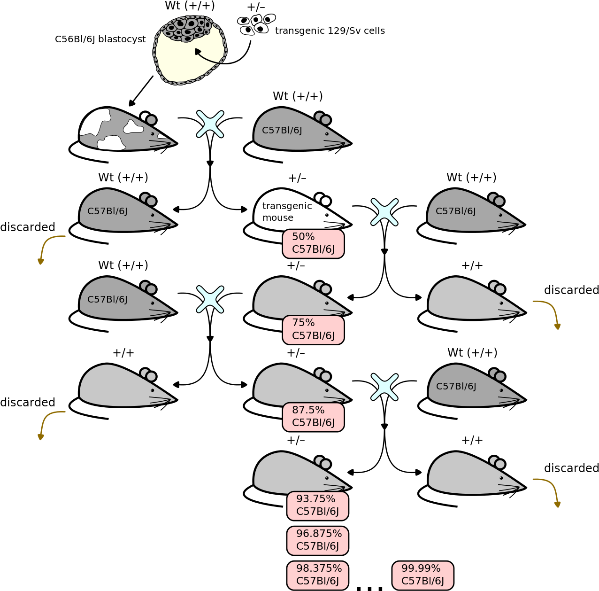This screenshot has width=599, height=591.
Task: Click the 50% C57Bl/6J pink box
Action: [x=313, y=244]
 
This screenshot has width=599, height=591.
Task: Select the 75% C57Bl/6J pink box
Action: [x=313, y=330]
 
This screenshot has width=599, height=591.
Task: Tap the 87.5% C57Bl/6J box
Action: [x=313, y=417]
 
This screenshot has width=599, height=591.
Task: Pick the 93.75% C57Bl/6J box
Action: [x=317, y=506]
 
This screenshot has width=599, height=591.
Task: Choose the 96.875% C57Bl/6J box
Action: [x=317, y=541]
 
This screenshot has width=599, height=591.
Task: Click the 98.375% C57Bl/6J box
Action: [x=317, y=575]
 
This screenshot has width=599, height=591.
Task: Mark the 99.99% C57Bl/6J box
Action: [x=423, y=575]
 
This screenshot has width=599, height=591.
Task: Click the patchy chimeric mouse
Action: [x=123, y=134]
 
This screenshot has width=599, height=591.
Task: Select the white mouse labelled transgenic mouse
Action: [x=298, y=215]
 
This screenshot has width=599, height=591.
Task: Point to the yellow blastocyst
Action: [x=190, y=50]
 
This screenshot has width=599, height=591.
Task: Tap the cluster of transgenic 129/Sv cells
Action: [x=256, y=24]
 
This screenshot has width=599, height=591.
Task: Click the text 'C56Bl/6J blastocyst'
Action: [x=100, y=39]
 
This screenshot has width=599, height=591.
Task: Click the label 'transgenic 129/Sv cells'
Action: [x=330, y=31]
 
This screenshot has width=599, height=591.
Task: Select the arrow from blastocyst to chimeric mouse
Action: [x=141, y=91]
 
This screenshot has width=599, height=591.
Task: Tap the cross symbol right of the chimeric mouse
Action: [x=210, y=124]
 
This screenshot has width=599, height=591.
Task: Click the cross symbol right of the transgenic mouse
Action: [x=384, y=212]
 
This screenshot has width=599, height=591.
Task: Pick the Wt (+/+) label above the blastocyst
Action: [x=190, y=6]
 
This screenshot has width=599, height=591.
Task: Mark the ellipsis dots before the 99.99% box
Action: [x=369, y=588]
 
